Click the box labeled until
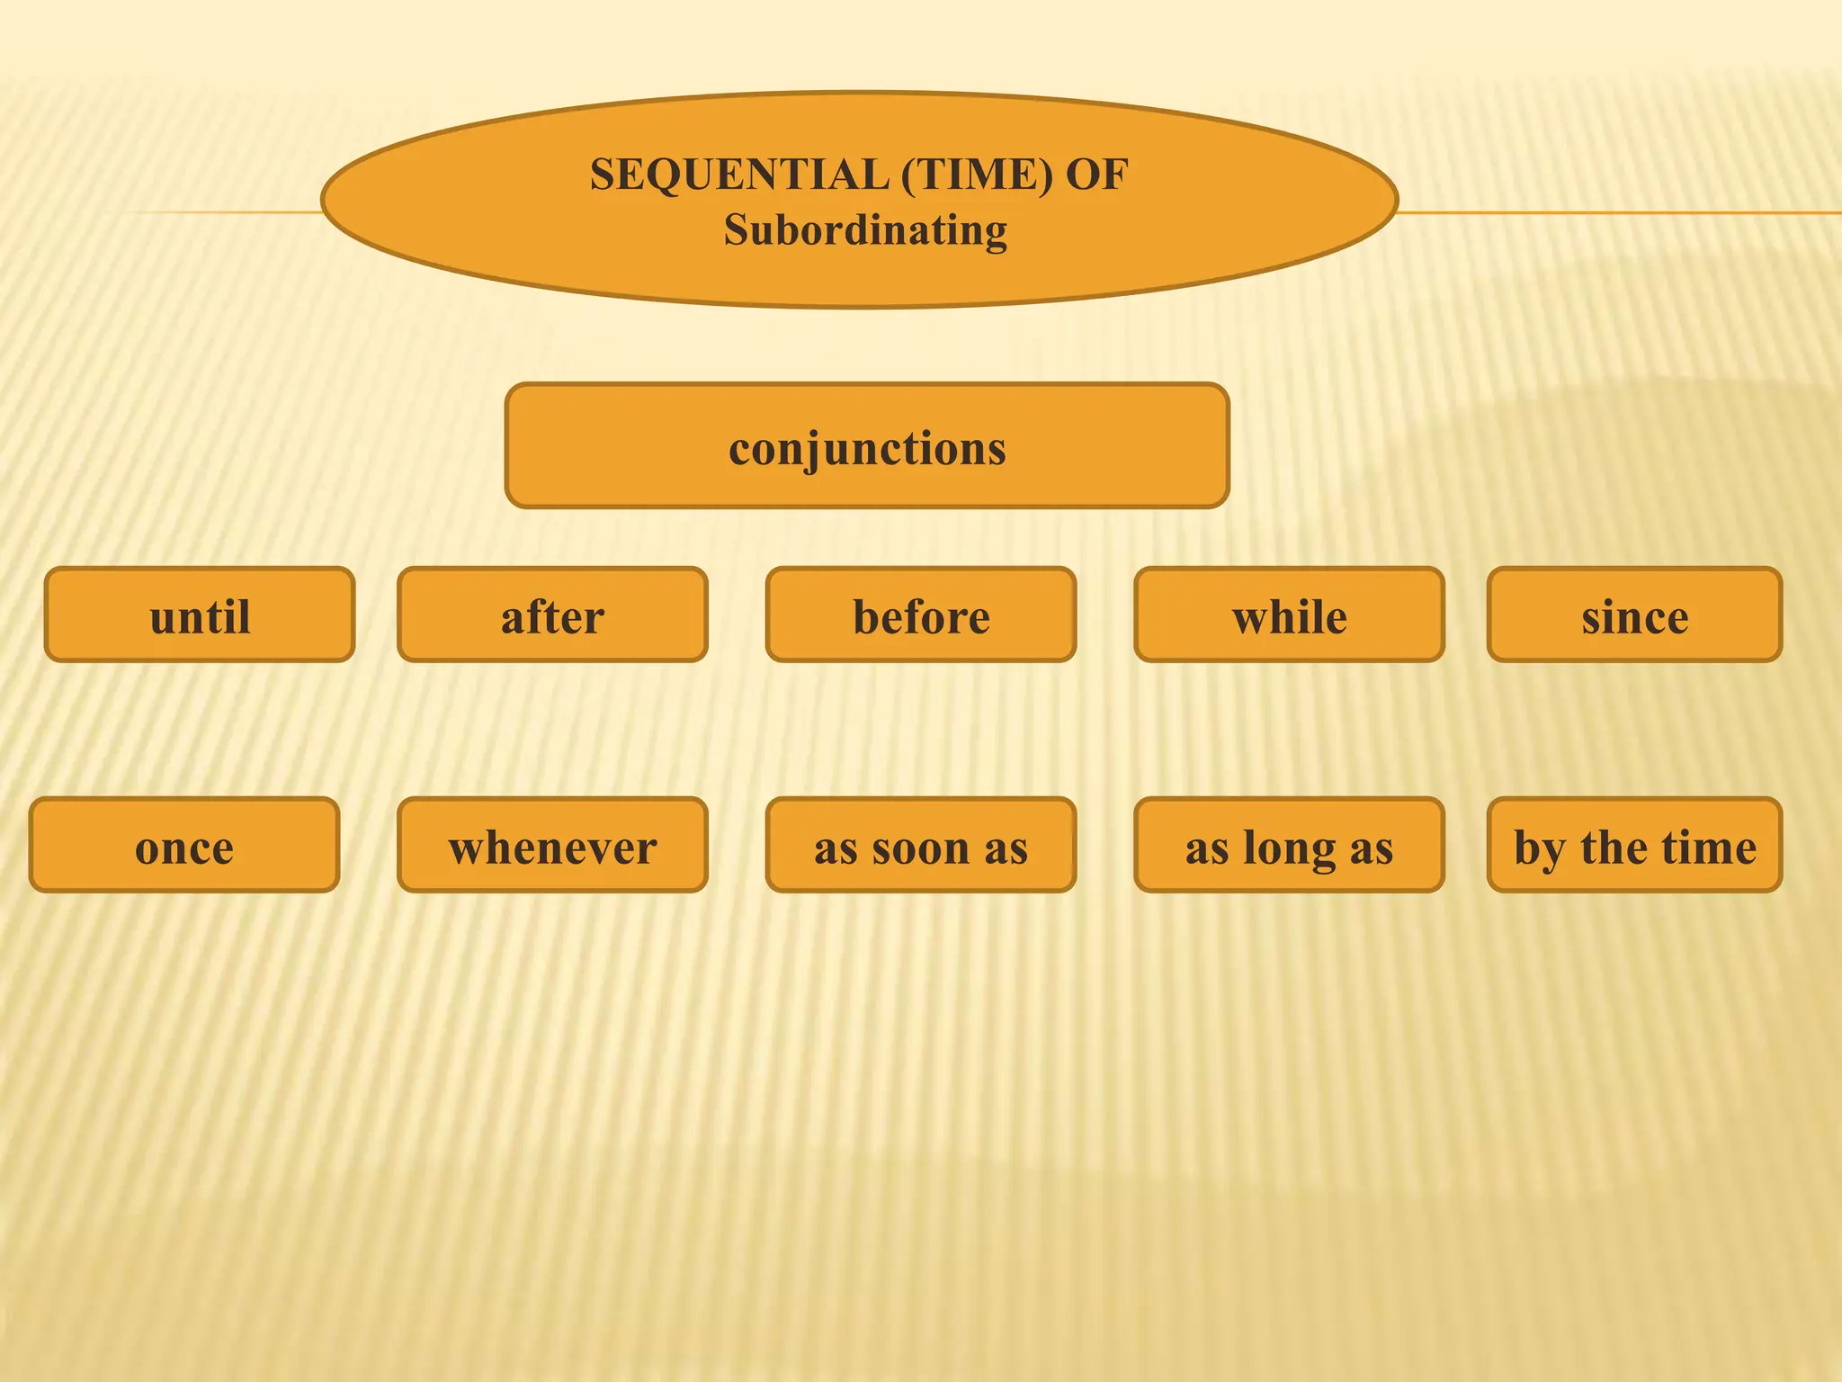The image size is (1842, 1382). coord(200,615)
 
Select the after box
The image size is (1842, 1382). coord(552,615)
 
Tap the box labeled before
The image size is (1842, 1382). coord(921,615)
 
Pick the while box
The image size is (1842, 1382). coord(1289,615)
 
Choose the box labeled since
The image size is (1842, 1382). coord(1634,615)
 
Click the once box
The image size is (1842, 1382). coord(184,846)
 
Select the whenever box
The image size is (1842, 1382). coord(552,846)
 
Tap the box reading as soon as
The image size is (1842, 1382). coord(921,846)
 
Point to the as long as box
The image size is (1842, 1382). coord(1289,846)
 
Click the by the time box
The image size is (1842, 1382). coord(1634,846)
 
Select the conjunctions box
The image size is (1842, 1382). coord(867,446)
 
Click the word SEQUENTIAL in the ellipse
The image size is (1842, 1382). coord(739,175)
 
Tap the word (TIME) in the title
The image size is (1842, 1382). coord(977,175)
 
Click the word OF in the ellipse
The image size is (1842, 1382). coord(1097,175)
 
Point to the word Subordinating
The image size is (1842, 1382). coord(865,230)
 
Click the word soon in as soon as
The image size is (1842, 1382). coord(921,848)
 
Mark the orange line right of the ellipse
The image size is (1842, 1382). coord(1619,213)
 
